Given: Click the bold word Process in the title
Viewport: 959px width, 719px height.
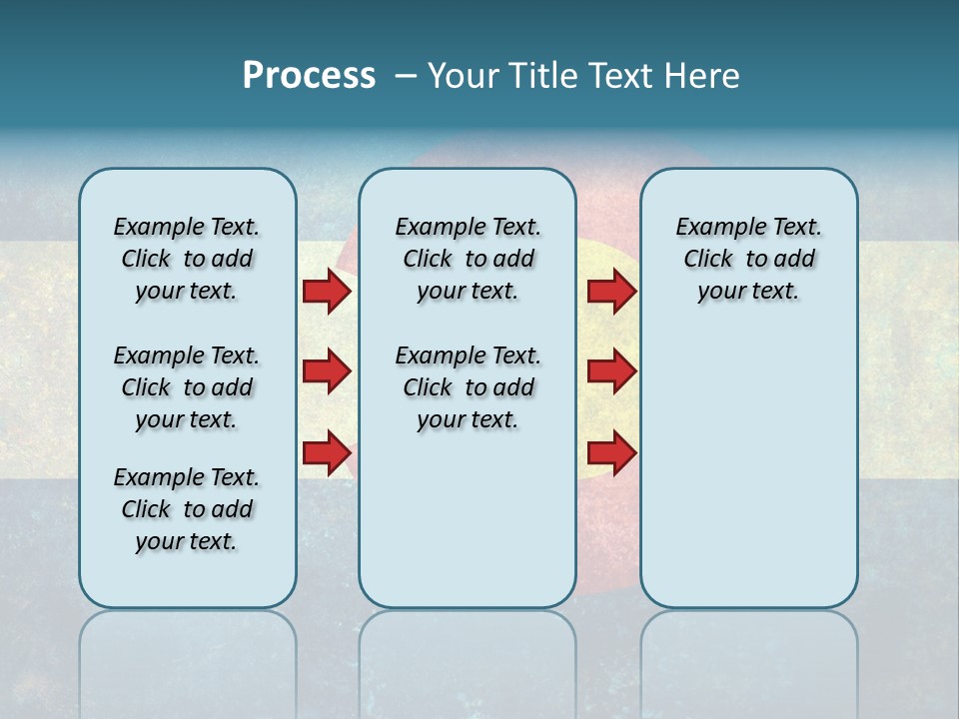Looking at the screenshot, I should point(309,76).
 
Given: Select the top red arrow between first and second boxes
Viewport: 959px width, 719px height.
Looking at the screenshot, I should point(327,291).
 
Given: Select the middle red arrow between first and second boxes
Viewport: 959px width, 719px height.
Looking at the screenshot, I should point(327,371).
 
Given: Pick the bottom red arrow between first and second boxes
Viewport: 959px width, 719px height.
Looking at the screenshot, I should point(327,452).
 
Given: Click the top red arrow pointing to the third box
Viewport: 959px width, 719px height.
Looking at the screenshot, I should point(611,291).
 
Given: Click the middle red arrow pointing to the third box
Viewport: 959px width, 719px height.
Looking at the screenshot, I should point(611,371).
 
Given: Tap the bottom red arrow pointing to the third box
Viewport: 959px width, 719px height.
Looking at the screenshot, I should point(611,452).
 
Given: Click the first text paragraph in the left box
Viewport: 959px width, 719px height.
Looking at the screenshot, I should point(187,259).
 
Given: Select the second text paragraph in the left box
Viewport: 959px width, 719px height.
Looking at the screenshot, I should point(187,387).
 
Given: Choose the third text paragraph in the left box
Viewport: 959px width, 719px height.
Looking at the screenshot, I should point(187,509).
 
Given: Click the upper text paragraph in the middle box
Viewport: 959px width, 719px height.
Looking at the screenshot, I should point(468,259).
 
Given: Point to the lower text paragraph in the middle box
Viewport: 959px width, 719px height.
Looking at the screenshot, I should point(468,387).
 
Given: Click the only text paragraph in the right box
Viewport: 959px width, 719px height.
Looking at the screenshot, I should point(748,259).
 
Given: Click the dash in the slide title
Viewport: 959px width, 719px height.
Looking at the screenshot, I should point(406,76).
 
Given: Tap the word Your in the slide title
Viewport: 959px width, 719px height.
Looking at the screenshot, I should point(465,76).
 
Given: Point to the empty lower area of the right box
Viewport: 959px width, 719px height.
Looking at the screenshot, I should point(748,469).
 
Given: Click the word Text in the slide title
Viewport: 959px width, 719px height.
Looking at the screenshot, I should point(623,76).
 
